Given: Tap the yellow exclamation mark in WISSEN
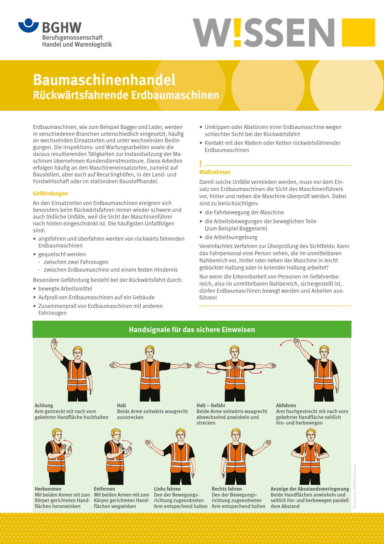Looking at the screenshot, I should click(237, 33).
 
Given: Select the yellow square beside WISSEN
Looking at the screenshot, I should click(358, 33).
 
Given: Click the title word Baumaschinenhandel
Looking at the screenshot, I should click(104, 80).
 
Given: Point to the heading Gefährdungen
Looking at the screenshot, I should click(50, 194).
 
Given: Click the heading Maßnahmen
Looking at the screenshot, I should click(215, 172).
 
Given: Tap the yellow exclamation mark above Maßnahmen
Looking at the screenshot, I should click(201, 164).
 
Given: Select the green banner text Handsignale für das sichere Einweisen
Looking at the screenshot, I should click(192, 330).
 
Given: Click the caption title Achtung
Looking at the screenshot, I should click(44, 405).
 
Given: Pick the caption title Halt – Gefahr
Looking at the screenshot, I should click(211, 405).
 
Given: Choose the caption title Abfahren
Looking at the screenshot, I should click(286, 405).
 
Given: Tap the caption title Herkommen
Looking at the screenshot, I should click(48, 489).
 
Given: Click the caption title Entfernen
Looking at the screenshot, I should click(104, 489).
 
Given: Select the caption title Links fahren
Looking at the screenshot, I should click(167, 489).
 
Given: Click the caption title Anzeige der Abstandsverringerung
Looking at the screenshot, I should click(310, 489).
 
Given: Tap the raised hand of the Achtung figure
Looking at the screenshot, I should click(55, 344).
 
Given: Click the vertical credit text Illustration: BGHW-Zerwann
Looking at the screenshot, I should click(355, 486).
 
